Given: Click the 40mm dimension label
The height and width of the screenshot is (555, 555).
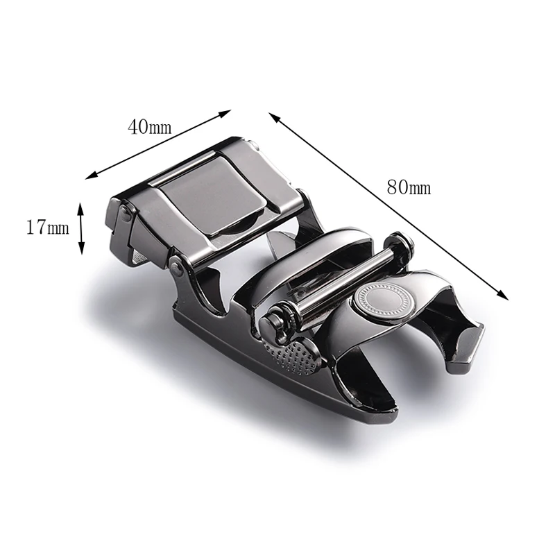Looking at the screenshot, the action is pyautogui.click(x=149, y=127).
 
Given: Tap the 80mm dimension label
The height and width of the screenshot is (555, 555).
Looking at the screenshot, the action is pyautogui.click(x=409, y=187).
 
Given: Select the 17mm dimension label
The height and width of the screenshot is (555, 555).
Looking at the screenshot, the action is pyautogui.click(x=48, y=228).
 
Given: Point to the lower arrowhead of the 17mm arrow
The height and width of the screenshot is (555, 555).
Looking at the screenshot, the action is pyautogui.click(x=81, y=248).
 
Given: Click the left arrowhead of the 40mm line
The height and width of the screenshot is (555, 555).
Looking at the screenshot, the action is pyautogui.click(x=92, y=175).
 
